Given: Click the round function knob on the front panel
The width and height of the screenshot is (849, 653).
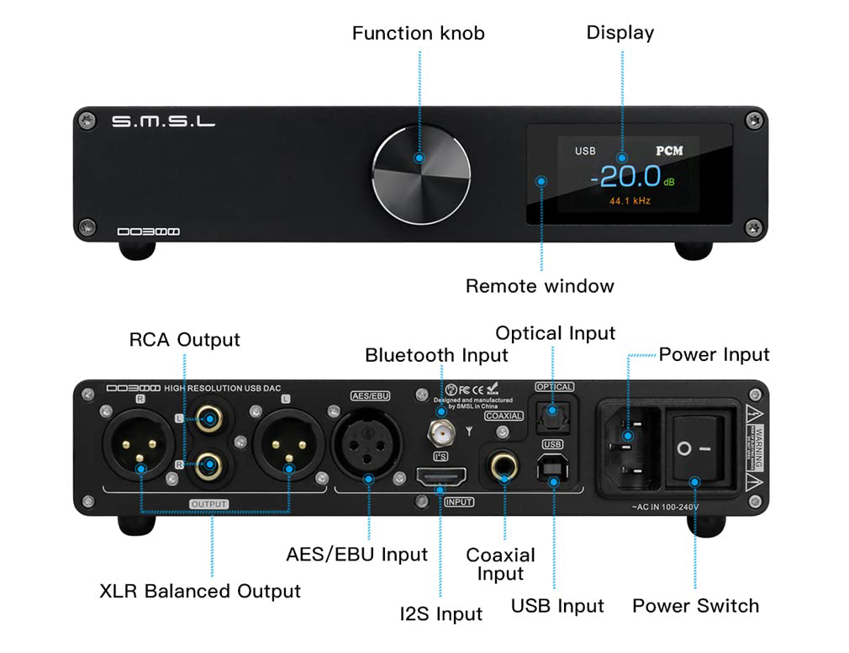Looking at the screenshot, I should [x=421, y=167].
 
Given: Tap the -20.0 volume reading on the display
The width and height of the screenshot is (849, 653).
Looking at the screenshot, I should [x=625, y=177].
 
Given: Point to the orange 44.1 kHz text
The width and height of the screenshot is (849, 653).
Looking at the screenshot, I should [x=630, y=202].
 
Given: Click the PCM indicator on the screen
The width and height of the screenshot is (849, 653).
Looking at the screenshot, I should [x=669, y=151].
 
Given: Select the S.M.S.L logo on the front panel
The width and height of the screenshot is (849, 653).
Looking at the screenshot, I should [x=163, y=122].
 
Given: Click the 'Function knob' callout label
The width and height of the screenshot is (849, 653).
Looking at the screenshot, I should [x=418, y=34].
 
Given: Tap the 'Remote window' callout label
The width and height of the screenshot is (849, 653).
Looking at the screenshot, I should [x=540, y=286].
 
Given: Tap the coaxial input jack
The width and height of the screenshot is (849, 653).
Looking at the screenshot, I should [x=504, y=466].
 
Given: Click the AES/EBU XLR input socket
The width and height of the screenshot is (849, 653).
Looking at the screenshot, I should [x=369, y=446].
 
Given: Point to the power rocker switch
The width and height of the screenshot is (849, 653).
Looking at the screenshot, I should [x=694, y=448].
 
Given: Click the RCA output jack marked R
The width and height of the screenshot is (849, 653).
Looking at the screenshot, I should [x=207, y=465].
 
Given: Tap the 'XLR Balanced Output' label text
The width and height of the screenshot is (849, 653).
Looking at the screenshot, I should [x=200, y=591].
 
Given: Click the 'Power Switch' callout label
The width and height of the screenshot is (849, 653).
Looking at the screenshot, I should [x=695, y=606].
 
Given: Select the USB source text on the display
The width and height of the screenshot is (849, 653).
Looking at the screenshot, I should [x=585, y=151].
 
